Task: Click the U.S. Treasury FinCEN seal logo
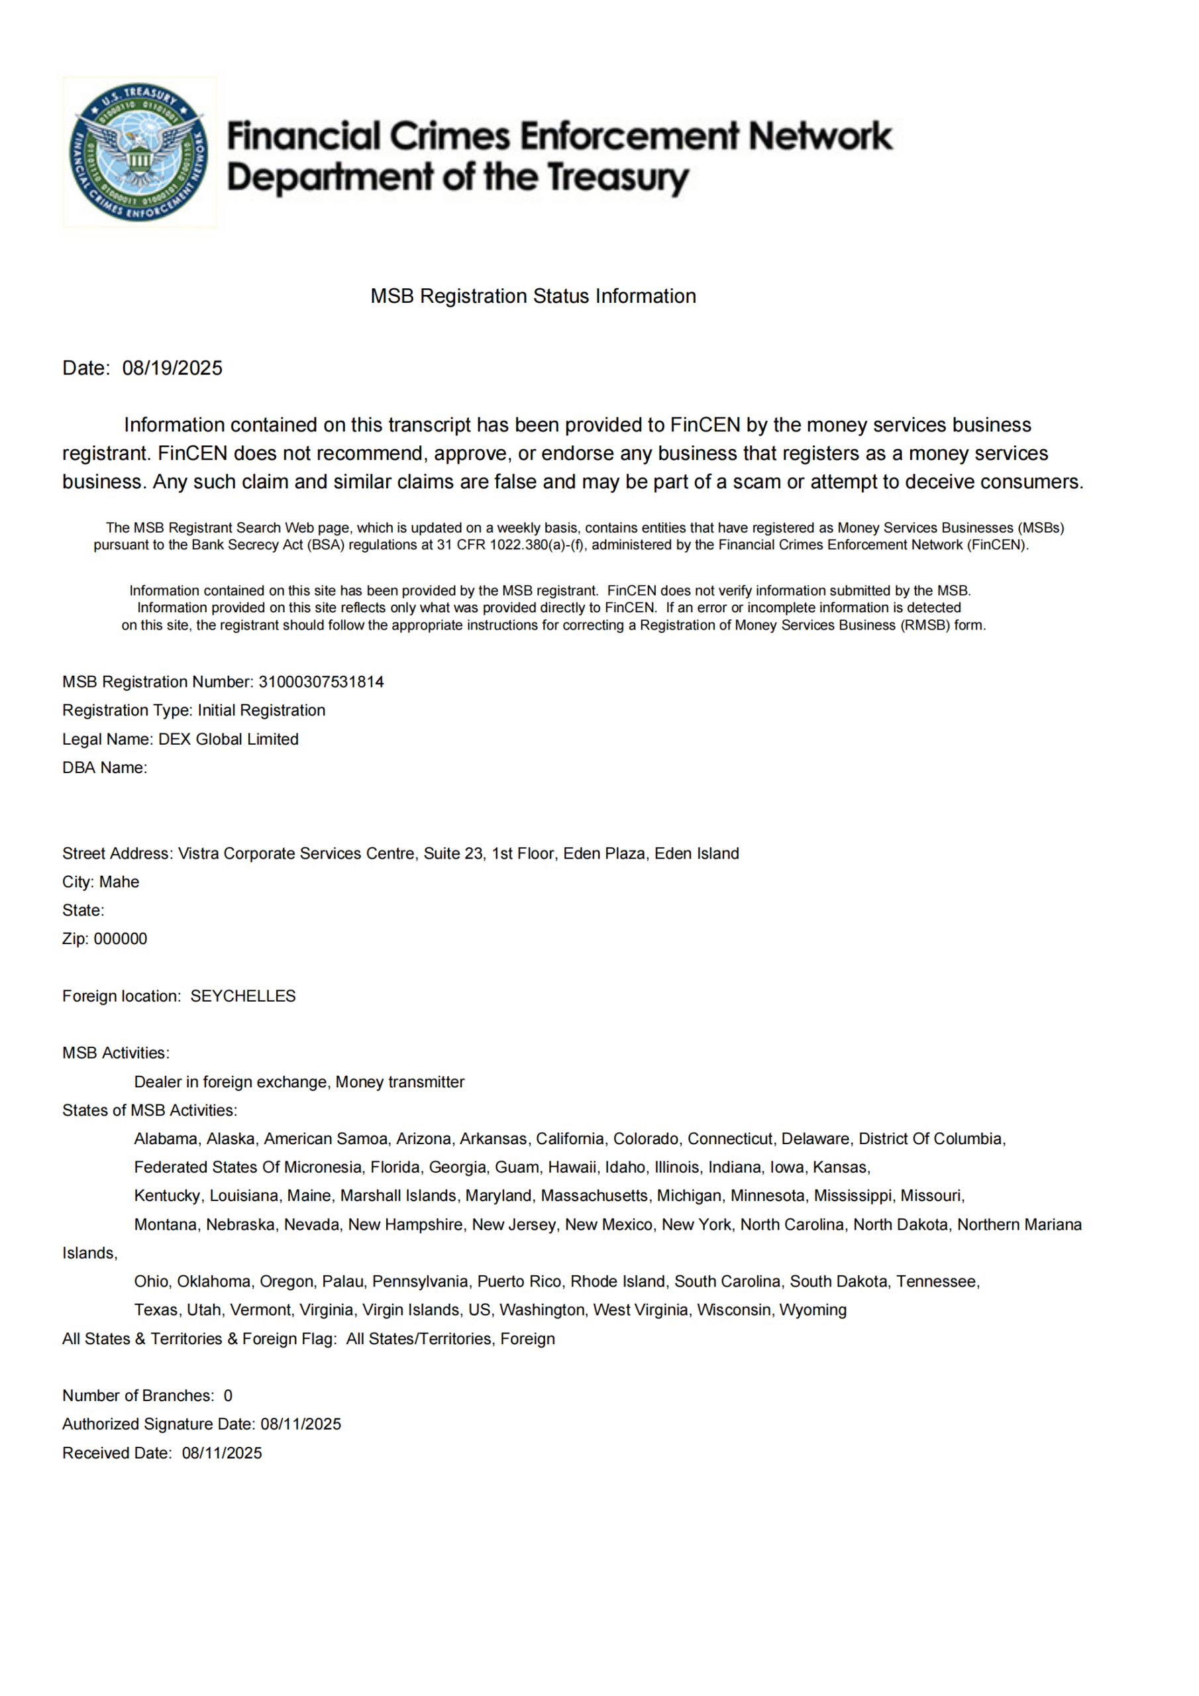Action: pyautogui.click(x=138, y=152)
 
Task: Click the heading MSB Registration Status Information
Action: pyautogui.click(x=533, y=296)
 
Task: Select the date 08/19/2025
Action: pyautogui.click(x=172, y=368)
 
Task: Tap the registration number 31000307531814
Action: pyautogui.click(x=321, y=682)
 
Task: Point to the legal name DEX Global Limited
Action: pyautogui.click(x=229, y=739)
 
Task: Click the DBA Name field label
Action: pyautogui.click(x=104, y=768)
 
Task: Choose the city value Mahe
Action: pyautogui.click(x=119, y=882)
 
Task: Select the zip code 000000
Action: pyautogui.click(x=121, y=939)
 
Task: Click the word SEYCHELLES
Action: pyautogui.click(x=243, y=996)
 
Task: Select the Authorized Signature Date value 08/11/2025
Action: pyautogui.click(x=301, y=1425)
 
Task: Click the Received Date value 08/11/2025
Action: pyautogui.click(x=222, y=1454)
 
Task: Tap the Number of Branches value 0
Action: pyautogui.click(x=229, y=1396)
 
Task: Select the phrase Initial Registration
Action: pyautogui.click(x=262, y=711)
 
